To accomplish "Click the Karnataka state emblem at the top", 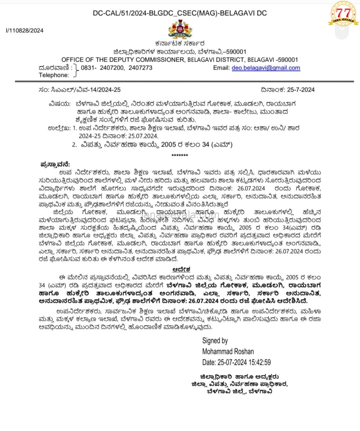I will [x=180, y=30].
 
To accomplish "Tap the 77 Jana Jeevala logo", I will [x=343, y=14].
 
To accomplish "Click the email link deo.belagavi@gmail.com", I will [x=266, y=68].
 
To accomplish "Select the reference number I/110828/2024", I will [x=25, y=30].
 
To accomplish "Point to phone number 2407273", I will [x=140, y=68].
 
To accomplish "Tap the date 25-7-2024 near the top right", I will [x=301, y=90].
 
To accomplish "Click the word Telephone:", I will [x=54, y=75].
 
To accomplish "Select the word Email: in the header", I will [x=221, y=68].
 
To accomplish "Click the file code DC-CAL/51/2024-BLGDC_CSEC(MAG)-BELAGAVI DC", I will [x=180, y=13].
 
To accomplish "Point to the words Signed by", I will [x=215, y=340].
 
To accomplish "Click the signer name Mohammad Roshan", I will [x=228, y=352].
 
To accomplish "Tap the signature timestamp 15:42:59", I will [x=259, y=362].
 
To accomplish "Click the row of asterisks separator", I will [x=180, y=155].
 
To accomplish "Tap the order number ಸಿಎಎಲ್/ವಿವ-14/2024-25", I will [x=86, y=90].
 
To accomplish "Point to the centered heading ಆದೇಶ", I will [x=181, y=269].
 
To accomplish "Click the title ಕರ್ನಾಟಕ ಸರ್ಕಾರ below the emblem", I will [x=180, y=44].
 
